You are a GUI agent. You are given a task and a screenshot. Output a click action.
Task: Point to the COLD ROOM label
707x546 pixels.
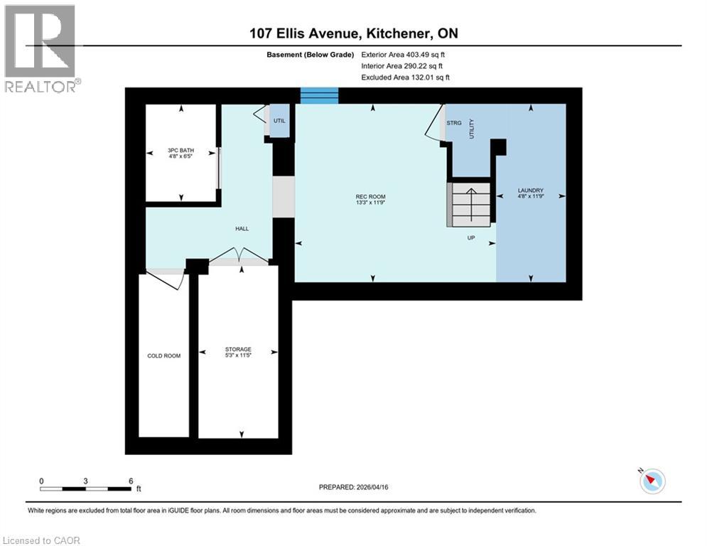tap(163, 355)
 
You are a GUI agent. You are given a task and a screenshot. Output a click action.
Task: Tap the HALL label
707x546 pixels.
tap(242, 228)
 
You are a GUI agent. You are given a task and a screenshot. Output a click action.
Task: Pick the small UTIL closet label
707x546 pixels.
tap(279, 122)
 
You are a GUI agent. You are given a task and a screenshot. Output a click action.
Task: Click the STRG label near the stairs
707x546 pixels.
tap(454, 123)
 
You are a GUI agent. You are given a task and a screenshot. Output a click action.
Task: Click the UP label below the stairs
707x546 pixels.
tap(470, 238)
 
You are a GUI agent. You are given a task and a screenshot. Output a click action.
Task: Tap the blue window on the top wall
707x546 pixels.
tap(319, 95)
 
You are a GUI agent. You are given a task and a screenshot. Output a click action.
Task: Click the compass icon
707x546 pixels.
tap(652, 481)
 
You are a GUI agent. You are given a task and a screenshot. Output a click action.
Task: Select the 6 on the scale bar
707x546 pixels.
tap(130, 481)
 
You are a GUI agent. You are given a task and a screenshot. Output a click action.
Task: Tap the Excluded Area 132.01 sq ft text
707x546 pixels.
tap(406, 77)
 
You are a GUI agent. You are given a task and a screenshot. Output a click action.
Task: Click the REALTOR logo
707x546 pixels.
tap(41, 48)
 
